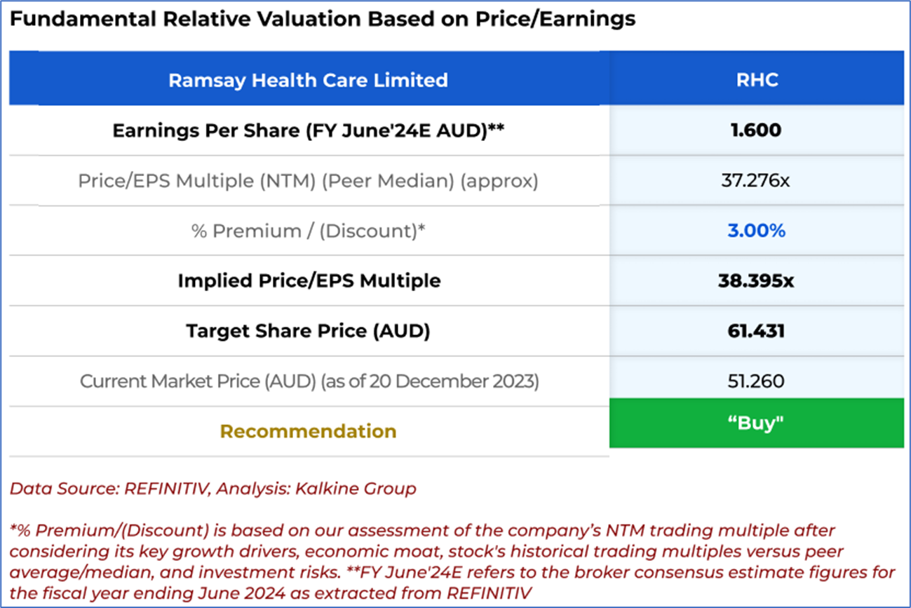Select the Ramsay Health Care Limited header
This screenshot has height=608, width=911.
tap(308, 80)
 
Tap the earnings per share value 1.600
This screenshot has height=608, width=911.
tap(756, 130)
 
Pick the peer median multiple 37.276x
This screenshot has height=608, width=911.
tap(756, 181)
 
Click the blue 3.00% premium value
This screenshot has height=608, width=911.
tap(756, 231)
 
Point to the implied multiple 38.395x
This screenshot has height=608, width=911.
tap(756, 281)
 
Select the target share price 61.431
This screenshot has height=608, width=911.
tap(756, 331)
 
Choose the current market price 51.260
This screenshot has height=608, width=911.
tap(756, 381)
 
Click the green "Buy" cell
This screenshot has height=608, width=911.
tap(756, 423)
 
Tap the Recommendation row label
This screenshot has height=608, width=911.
tap(308, 431)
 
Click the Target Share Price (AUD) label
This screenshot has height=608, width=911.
tap(308, 331)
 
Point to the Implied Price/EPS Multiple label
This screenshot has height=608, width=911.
tap(309, 281)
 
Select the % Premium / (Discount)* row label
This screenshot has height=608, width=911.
tap(309, 231)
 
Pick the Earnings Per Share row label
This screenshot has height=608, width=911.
tap(308, 130)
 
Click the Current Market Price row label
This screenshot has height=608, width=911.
tap(308, 381)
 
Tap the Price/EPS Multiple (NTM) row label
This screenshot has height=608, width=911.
tap(308, 181)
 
